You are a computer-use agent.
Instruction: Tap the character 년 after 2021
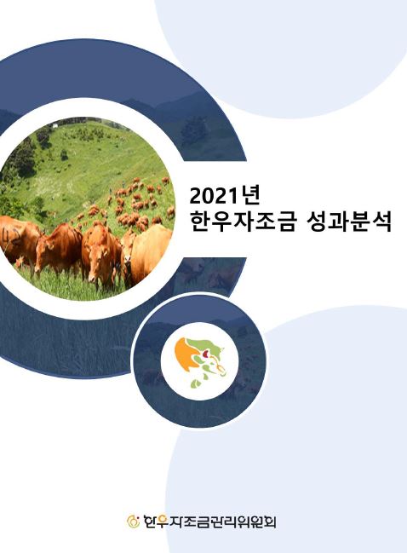coord(249,196)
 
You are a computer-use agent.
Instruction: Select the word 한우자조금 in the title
coord(242,222)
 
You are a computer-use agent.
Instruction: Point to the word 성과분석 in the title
coord(348,222)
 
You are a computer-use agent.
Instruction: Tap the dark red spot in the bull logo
coord(207,353)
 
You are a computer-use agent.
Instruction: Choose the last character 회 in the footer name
coord(270,521)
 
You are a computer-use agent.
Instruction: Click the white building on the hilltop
coord(54,124)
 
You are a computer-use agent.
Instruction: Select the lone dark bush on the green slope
coord(64,154)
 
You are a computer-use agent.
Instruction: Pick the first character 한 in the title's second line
coord(200,222)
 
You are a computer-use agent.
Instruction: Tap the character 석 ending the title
coord(381,222)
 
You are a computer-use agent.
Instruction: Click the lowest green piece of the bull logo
coord(195,383)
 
